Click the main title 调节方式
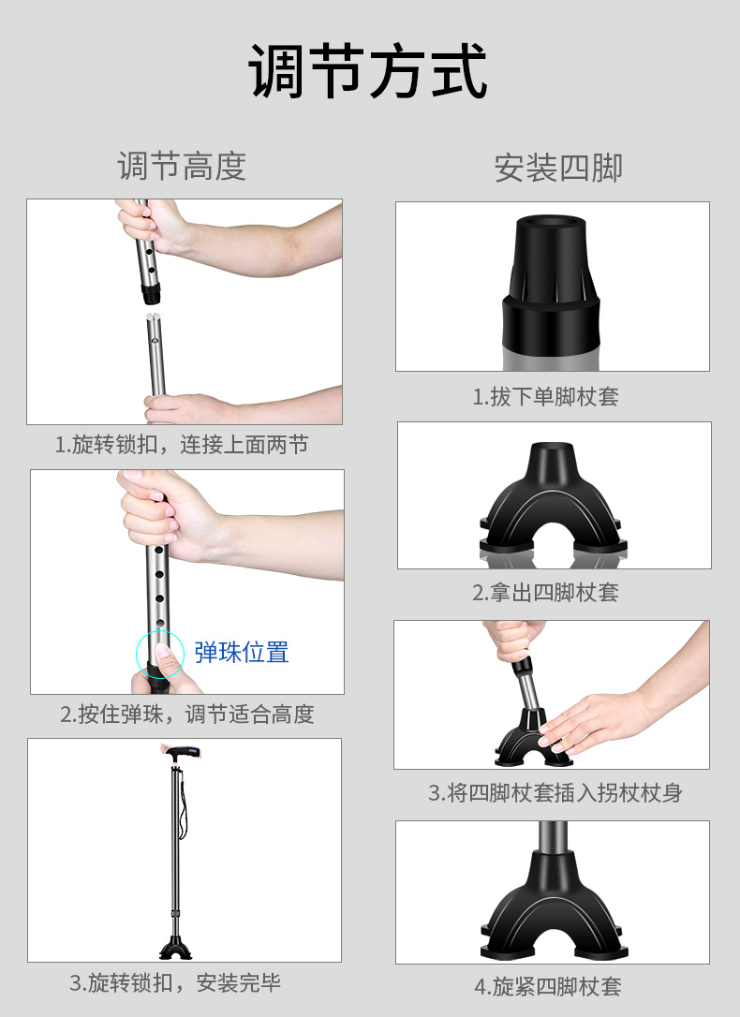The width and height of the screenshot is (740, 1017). (x=368, y=70)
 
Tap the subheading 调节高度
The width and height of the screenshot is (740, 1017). (x=183, y=166)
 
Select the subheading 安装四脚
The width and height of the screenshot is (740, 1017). (x=558, y=168)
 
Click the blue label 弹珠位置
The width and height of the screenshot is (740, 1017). (x=242, y=652)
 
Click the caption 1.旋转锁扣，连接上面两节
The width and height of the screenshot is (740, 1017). (x=182, y=445)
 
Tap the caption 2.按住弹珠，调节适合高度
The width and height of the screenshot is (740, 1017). (x=186, y=715)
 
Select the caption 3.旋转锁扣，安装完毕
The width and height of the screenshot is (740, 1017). (x=175, y=982)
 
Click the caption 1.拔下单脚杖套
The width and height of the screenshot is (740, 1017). (x=545, y=396)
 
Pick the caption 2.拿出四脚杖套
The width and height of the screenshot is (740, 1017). (x=545, y=592)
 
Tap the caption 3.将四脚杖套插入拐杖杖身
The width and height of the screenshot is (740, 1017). (x=555, y=792)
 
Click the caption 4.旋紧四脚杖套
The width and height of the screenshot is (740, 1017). (x=548, y=986)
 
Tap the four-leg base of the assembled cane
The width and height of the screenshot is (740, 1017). (x=176, y=947)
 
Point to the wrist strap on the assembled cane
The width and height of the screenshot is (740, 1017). (x=184, y=804)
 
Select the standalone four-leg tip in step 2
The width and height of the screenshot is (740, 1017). (x=554, y=498)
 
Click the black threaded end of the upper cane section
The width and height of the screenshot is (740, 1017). (x=151, y=294)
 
